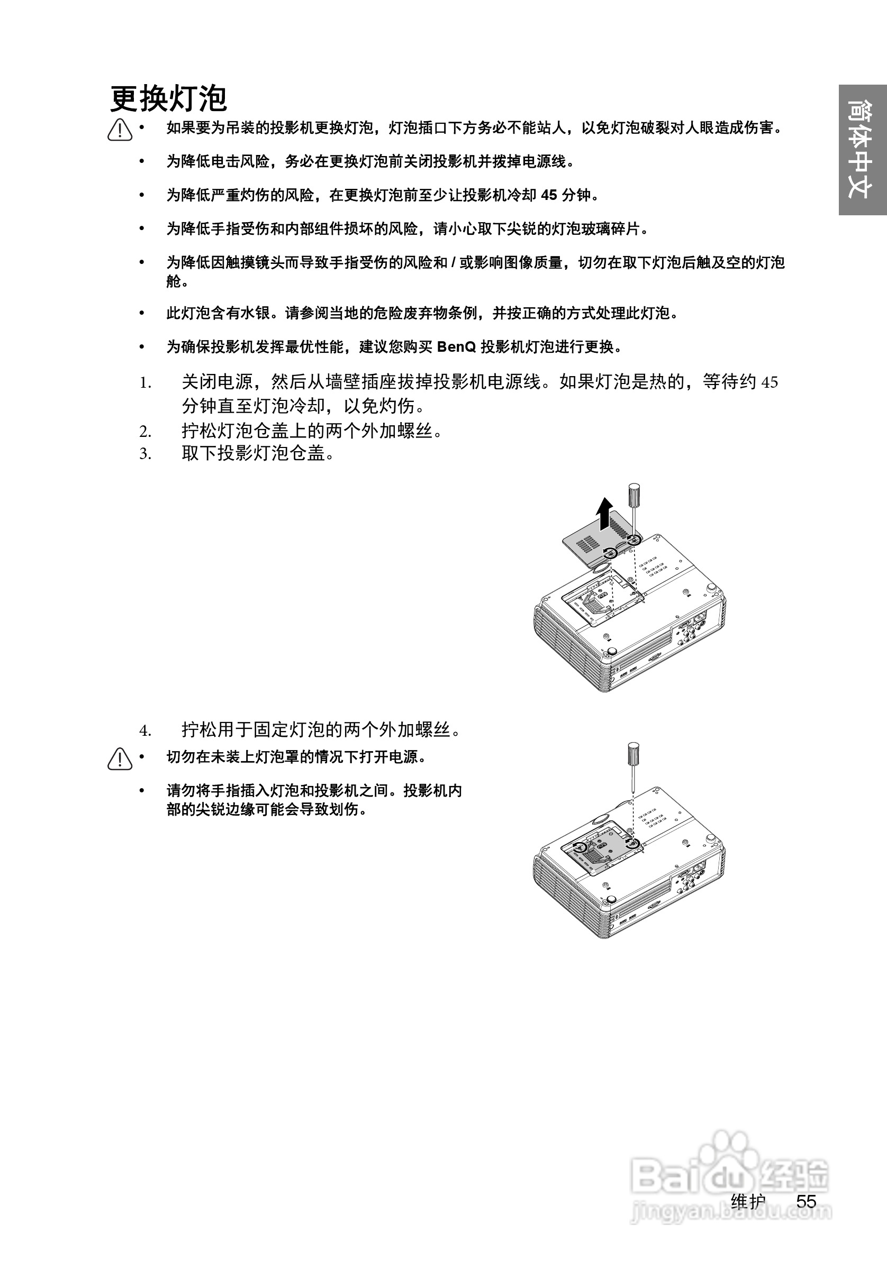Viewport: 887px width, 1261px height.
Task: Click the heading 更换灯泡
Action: point(168,99)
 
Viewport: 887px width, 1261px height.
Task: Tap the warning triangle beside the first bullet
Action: point(120,130)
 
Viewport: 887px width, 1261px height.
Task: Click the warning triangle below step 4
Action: point(120,760)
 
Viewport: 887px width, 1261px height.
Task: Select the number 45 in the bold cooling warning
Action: point(549,195)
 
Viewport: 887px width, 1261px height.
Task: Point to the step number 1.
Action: point(144,383)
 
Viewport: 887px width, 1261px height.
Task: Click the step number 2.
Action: point(144,432)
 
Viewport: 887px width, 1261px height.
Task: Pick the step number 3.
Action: point(144,454)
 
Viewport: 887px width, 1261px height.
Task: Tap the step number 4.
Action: point(144,731)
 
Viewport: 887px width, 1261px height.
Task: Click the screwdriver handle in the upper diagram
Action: point(633,493)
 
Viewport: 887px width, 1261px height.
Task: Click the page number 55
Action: point(806,1201)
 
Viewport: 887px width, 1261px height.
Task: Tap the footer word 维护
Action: point(748,1201)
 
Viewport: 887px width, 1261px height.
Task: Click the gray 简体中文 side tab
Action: point(862,149)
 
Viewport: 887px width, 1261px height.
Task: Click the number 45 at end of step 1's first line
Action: point(770,382)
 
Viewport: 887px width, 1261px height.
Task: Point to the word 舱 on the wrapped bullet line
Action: point(174,282)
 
